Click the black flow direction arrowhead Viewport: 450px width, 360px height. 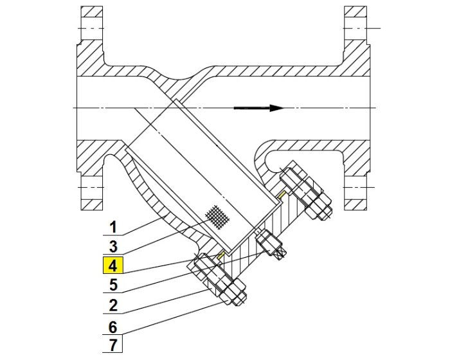(x=276, y=108)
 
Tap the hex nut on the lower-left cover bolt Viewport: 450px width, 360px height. (x=231, y=293)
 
